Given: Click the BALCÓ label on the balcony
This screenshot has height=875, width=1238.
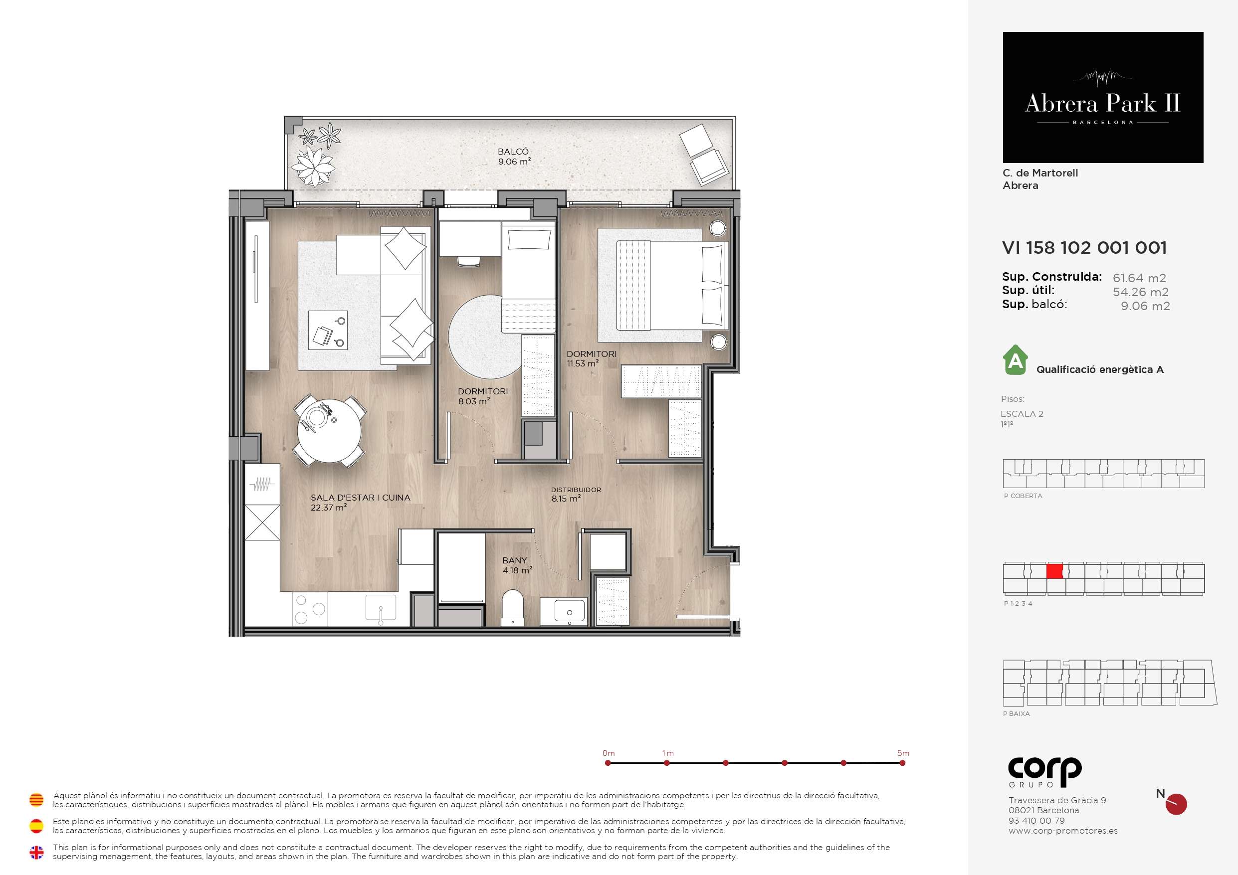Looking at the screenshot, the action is (513, 152).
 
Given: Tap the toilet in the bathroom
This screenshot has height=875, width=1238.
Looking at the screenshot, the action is (513, 608).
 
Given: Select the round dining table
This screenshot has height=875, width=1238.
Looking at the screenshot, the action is (329, 431).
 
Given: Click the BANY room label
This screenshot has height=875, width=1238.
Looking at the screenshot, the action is (514, 561).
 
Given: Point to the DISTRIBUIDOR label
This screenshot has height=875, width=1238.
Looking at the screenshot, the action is (576, 490).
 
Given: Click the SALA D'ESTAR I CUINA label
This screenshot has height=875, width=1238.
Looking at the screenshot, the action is (360, 498).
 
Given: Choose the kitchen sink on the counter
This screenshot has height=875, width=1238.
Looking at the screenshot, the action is (381, 608).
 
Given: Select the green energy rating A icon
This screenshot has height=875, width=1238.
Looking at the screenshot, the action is (1016, 359).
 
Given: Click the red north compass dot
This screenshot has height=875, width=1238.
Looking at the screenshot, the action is (1176, 804).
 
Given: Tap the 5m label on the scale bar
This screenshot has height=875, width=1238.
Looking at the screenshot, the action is (903, 753).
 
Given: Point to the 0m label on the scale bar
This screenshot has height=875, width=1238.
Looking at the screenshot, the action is (609, 753).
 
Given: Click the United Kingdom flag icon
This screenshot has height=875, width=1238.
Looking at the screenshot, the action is (36, 853).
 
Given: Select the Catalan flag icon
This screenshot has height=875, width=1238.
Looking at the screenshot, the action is (36, 800).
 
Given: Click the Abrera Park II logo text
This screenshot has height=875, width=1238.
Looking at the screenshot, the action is (1103, 103).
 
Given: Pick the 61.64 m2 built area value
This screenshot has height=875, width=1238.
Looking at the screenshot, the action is (1139, 278).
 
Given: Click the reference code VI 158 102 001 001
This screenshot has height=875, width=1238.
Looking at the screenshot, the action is (1084, 247).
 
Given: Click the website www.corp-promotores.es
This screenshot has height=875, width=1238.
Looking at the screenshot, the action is (1063, 831).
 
